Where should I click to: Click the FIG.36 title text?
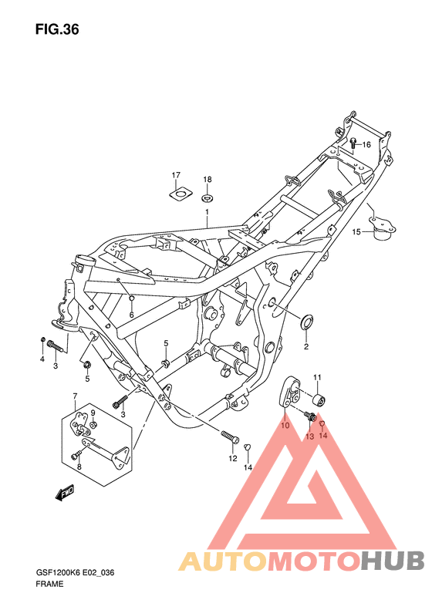point(57,30)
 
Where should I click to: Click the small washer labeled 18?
point(208,194)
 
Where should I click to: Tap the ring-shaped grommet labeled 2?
point(305,320)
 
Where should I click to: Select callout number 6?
point(132,314)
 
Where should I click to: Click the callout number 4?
point(42,359)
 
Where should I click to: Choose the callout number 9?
point(93,413)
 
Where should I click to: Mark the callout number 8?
point(78,467)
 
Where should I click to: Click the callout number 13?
point(309,436)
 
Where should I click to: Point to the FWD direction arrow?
point(64,491)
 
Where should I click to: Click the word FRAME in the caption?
point(49,585)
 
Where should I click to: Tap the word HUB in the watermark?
point(390,560)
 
